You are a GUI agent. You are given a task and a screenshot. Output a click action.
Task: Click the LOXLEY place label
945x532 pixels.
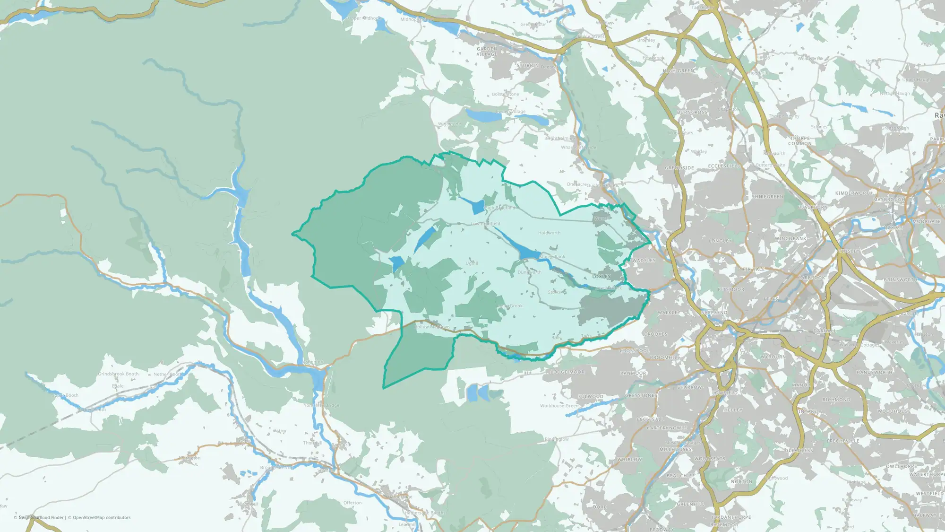pyautogui.click(x=601, y=277)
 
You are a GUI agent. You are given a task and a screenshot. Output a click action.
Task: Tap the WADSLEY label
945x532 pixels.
pyautogui.click(x=644, y=261)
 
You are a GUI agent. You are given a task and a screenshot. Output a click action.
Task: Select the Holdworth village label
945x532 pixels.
pyautogui.click(x=549, y=233)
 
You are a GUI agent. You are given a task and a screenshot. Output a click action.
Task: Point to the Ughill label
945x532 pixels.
pyautogui.click(x=472, y=263)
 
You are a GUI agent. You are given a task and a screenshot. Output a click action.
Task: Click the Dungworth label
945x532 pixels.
pyautogui.click(x=530, y=272)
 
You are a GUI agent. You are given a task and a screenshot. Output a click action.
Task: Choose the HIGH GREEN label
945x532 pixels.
pyautogui.click(x=679, y=71)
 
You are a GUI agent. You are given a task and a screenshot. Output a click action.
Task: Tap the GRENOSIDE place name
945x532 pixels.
pyautogui.click(x=679, y=168)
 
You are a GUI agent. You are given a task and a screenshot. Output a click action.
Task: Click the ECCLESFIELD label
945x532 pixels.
pyautogui.click(x=724, y=166)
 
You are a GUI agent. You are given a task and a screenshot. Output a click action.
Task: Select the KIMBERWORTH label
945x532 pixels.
pyautogui.click(x=854, y=193)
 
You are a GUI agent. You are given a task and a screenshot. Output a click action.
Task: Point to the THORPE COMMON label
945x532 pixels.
pyautogui.click(x=800, y=141)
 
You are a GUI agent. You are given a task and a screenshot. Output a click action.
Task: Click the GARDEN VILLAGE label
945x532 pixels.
pyautogui.click(x=487, y=52)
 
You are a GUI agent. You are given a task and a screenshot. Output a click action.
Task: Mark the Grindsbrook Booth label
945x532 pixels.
pyautogui.click(x=119, y=374)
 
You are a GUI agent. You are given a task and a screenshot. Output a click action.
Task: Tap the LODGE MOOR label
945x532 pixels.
pyautogui.click(x=567, y=372)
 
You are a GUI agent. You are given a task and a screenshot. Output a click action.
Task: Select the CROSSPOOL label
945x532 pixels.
pyautogui.click(x=635, y=351)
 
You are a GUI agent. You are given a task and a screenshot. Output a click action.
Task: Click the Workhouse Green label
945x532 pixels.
pyautogui.click(x=559, y=406)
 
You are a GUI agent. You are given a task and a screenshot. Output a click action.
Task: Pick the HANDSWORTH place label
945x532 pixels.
pyautogui.click(x=875, y=373)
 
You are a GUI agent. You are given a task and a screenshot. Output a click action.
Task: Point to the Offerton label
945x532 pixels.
pyautogui.click(x=352, y=503)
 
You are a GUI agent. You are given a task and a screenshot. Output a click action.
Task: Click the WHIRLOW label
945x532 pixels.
pyautogui.click(x=629, y=460)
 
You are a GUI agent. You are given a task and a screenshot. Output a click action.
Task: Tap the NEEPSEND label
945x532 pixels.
pyautogui.click(x=714, y=313)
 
